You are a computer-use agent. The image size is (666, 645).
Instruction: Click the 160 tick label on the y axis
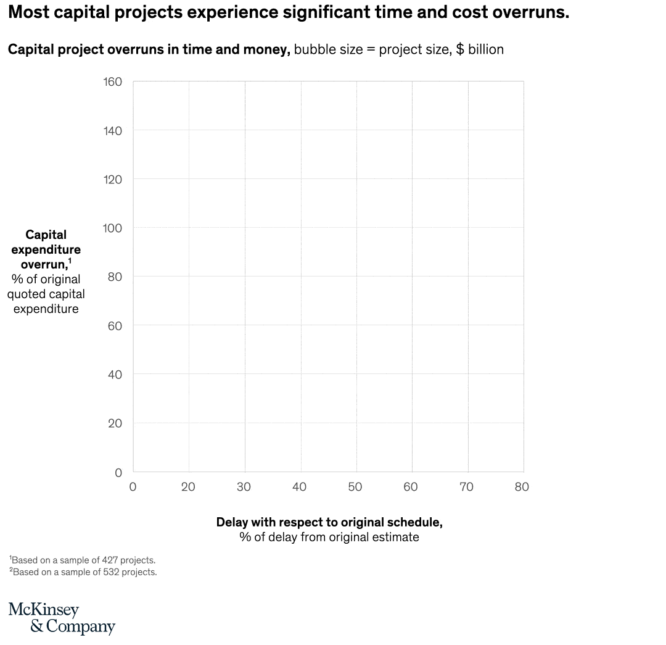112,81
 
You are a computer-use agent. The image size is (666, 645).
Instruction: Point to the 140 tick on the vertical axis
112,130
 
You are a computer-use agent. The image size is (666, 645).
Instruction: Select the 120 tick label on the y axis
112,179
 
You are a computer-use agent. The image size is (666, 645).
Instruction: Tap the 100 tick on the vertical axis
112,228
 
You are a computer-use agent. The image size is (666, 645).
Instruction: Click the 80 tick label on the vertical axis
115,277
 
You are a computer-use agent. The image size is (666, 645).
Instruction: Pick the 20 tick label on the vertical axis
115,423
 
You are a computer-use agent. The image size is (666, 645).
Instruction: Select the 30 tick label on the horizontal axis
244,487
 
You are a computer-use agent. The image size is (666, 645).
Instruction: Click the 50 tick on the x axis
355,487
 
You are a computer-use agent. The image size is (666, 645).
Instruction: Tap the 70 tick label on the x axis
466,487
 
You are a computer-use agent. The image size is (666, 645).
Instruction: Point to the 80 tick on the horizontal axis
522,487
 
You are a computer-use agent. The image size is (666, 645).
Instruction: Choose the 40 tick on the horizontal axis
299,487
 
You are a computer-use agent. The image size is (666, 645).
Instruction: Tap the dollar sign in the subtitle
460,49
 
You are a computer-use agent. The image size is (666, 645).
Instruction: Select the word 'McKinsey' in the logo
44,610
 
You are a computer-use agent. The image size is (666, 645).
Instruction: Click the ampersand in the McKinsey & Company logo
36,626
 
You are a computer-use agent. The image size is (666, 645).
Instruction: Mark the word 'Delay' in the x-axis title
232,522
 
